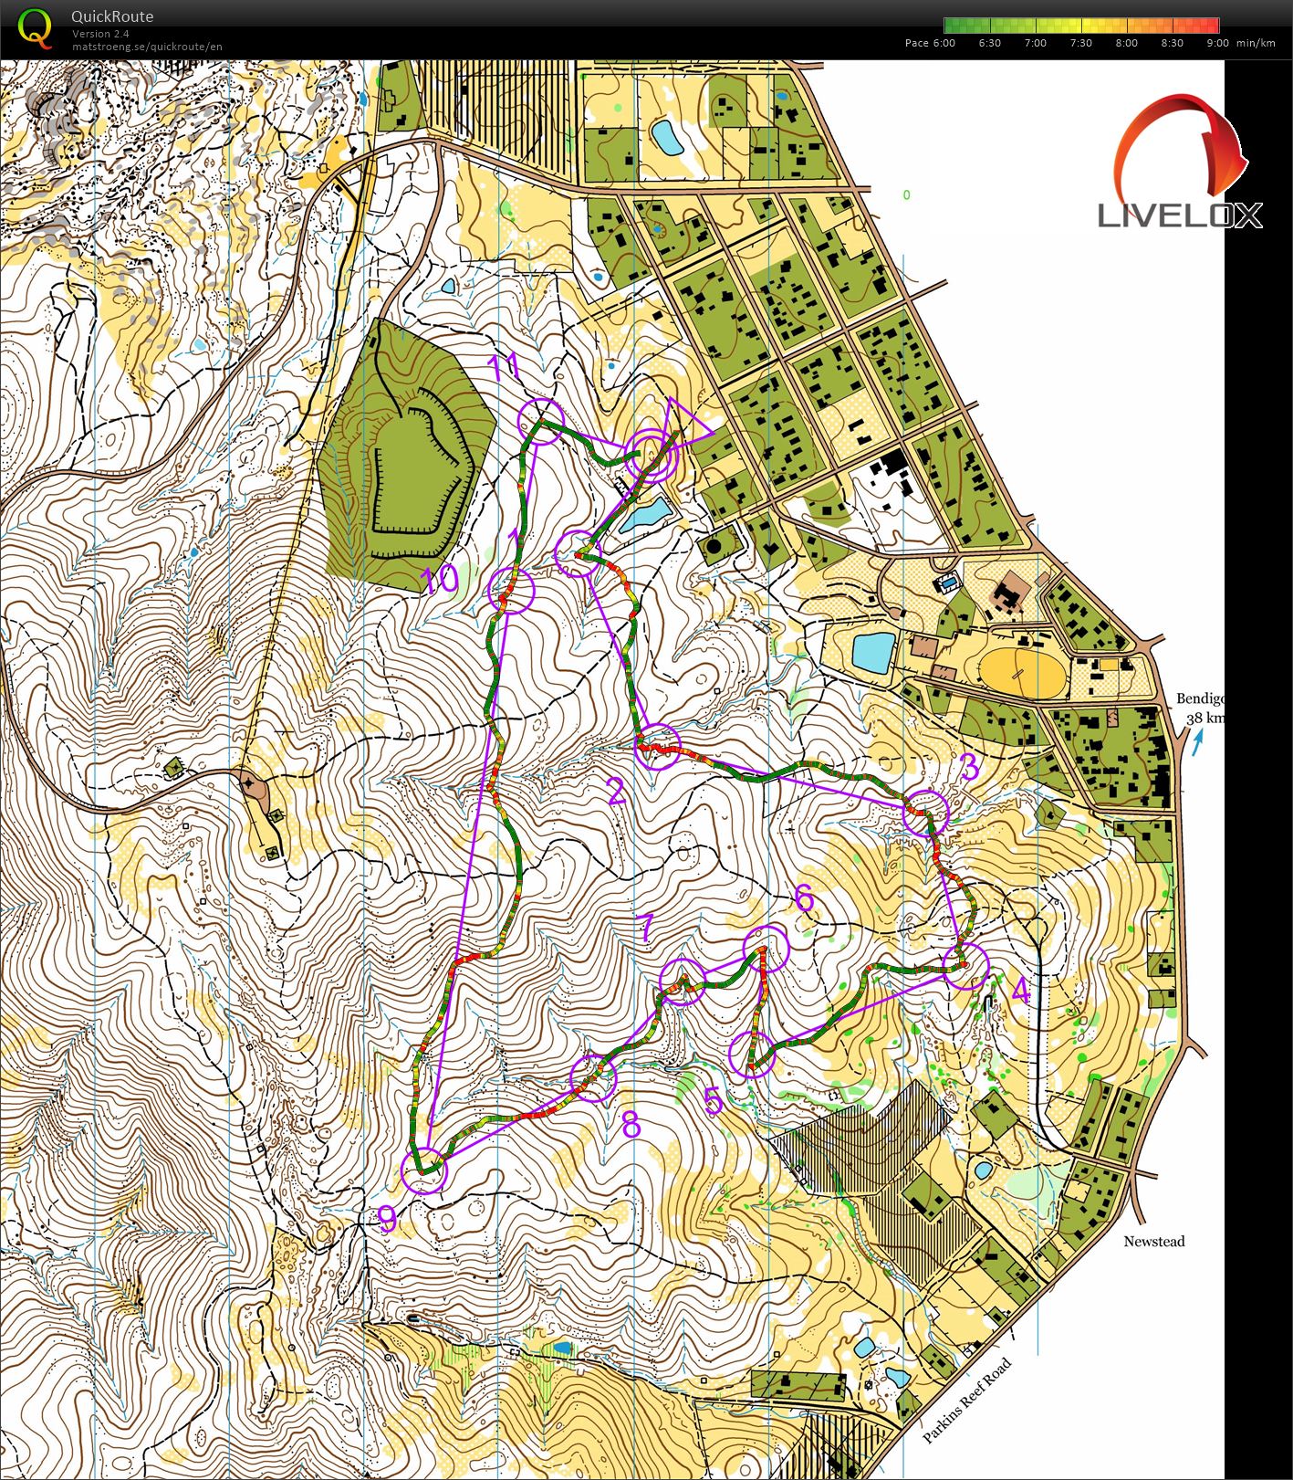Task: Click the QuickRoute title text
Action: pyautogui.click(x=111, y=16)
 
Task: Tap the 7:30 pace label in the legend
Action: pyautogui.click(x=1080, y=43)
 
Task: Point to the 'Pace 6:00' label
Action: pyautogui.click(x=929, y=43)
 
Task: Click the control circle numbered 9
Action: pyautogui.click(x=424, y=1171)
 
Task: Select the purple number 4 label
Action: pyautogui.click(x=1021, y=991)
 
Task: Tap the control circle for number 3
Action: pyautogui.click(x=926, y=812)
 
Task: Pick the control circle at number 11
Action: pyautogui.click(x=541, y=421)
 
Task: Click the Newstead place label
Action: pyautogui.click(x=1153, y=1242)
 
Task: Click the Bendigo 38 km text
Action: pyautogui.click(x=1199, y=708)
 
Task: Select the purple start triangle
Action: pyautogui.click(x=684, y=425)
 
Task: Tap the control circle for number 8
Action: pyautogui.click(x=593, y=1077)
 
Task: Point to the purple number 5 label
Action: pyautogui.click(x=714, y=1102)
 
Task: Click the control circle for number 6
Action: pyautogui.click(x=765, y=948)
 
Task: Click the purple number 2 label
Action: pyautogui.click(x=616, y=791)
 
